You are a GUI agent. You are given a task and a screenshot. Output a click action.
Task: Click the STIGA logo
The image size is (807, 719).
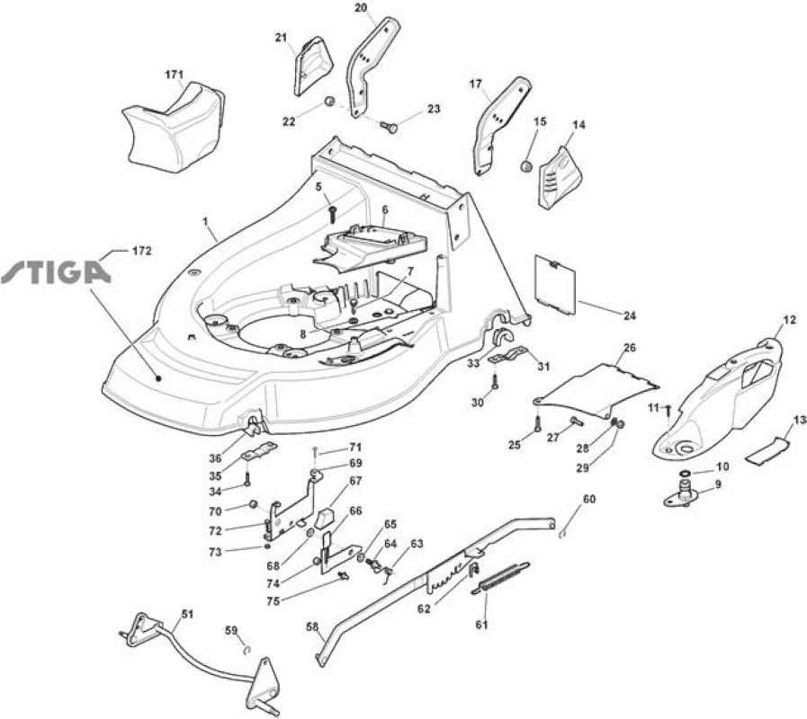tap(56, 272)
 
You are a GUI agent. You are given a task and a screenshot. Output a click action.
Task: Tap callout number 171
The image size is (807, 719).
tap(174, 75)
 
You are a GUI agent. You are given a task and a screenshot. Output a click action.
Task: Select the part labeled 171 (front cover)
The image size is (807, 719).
tap(173, 125)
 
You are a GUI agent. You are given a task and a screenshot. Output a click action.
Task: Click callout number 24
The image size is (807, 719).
tap(630, 315)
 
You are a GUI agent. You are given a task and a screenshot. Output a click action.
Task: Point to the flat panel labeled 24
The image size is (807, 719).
tap(556, 284)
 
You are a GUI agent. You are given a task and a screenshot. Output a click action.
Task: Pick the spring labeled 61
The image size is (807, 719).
tap(500, 579)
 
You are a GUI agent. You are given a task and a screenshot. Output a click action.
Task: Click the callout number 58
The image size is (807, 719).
tap(312, 626)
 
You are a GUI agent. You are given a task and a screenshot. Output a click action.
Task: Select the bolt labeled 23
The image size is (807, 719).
tap(389, 126)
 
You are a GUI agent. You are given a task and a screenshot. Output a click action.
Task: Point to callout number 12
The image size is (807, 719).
tap(789, 320)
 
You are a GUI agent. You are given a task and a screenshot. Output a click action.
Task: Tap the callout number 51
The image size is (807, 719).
tap(187, 614)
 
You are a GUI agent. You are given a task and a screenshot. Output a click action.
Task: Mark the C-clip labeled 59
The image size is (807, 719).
tap(247, 651)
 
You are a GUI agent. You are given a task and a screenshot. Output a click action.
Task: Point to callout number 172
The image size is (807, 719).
tap(142, 251)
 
